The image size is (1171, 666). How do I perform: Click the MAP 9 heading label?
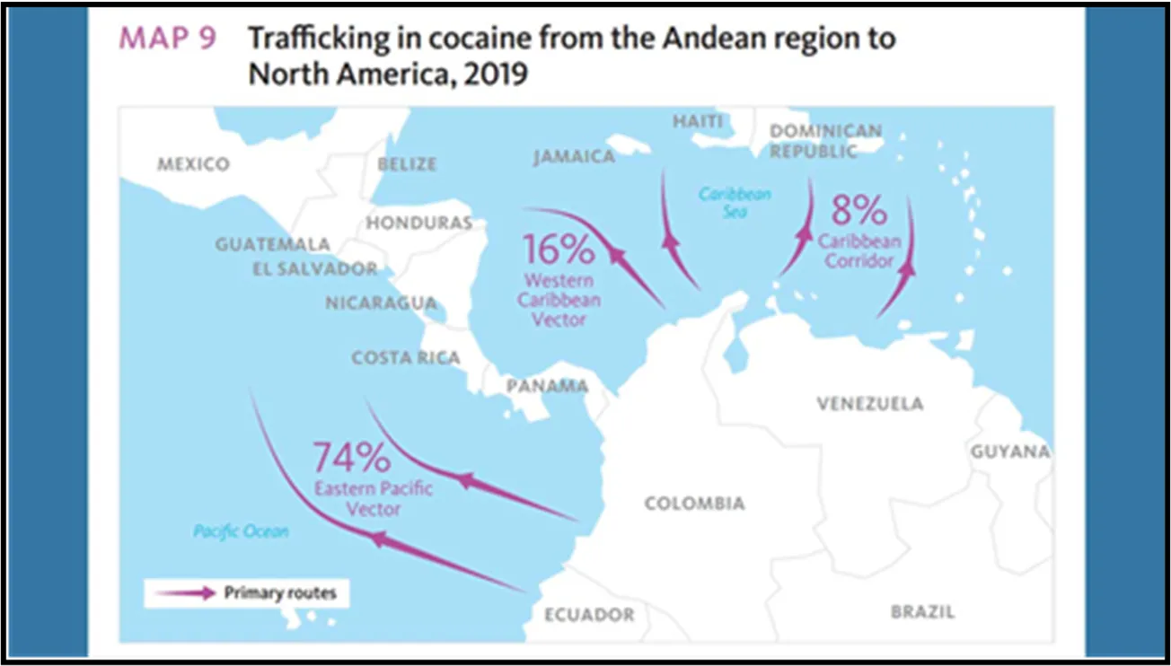click(x=168, y=39)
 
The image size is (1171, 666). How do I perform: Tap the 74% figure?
click(x=351, y=458)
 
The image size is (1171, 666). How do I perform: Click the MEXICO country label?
click(x=193, y=164)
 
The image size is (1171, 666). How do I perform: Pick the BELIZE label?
click(x=407, y=164)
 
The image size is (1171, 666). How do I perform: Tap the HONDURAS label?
click(x=418, y=223)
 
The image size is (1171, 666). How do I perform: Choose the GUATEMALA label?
click(x=273, y=244)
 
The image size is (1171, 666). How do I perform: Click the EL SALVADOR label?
click(x=308, y=268)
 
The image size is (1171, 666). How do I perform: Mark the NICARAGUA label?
click(x=381, y=303)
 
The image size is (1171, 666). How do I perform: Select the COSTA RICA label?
click(x=406, y=357)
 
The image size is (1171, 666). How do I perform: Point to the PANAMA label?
click(x=548, y=387)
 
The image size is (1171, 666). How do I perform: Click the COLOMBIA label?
click(x=694, y=504)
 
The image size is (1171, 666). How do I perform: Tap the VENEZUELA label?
click(x=869, y=404)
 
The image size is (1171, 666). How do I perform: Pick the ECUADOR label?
click(x=589, y=615)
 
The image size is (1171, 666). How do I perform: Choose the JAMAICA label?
click(x=574, y=157)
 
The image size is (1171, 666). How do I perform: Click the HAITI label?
click(x=698, y=121)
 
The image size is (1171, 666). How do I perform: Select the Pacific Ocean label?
click(x=242, y=532)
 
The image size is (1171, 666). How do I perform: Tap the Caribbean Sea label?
click(x=735, y=202)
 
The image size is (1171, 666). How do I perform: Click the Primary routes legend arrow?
click(x=185, y=592)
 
